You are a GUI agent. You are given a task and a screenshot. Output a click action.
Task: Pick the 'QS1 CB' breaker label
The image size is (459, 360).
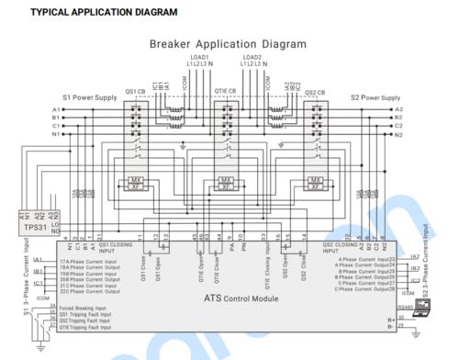(137, 93)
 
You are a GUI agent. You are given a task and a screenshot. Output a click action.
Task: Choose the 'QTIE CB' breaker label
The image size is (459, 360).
(226, 93)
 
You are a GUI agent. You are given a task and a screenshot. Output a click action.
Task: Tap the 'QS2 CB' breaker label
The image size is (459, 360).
(316, 93)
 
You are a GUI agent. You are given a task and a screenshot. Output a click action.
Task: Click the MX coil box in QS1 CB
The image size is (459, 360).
(136, 179)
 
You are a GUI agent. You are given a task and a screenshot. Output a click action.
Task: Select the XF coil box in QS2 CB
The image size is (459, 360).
(315, 187)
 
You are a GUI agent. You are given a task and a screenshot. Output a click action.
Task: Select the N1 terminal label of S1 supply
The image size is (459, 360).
(56, 134)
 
